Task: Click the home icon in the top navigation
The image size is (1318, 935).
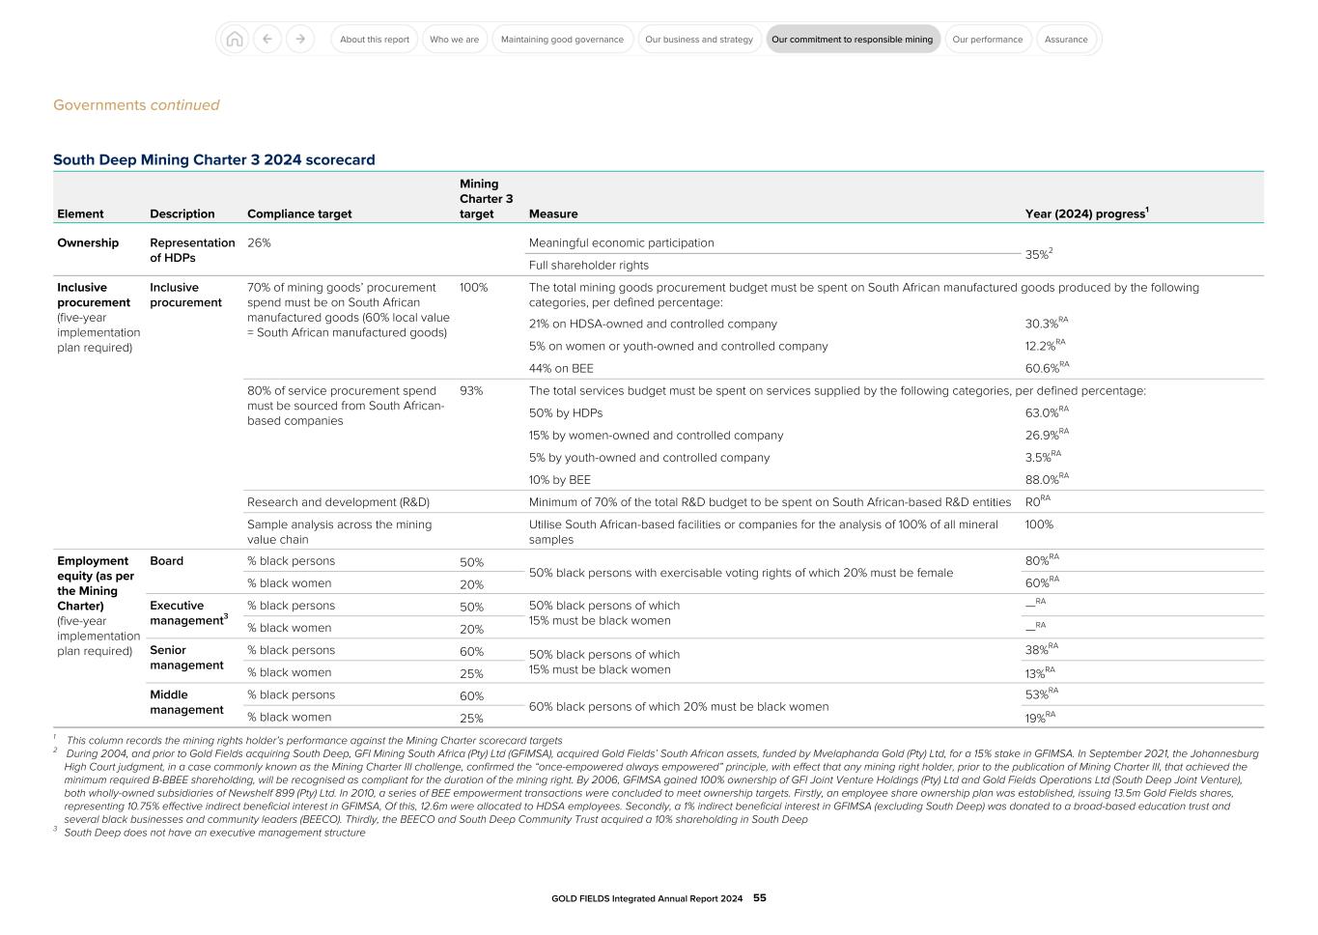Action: [234, 40]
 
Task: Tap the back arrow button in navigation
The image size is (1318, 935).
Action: [267, 40]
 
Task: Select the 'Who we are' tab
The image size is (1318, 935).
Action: [454, 40]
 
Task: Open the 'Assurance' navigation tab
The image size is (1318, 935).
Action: [1066, 40]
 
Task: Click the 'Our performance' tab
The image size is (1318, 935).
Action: [987, 40]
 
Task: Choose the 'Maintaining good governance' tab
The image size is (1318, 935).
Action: [562, 40]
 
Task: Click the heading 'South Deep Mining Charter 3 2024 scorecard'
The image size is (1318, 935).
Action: [213, 160]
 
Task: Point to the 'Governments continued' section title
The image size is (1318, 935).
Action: [136, 105]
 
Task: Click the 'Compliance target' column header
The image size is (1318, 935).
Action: [299, 214]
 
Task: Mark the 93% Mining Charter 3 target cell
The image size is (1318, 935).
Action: [471, 391]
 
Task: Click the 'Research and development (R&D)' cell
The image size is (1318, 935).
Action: [338, 502]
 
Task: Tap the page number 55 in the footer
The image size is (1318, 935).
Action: [760, 898]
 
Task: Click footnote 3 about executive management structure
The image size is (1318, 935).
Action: [214, 833]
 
